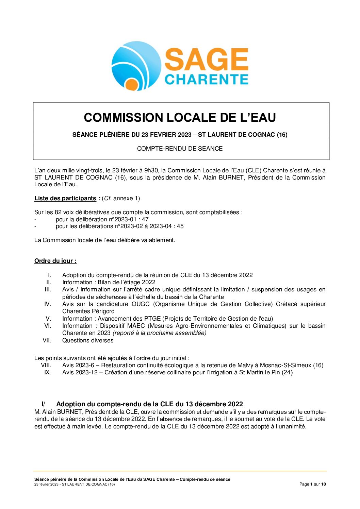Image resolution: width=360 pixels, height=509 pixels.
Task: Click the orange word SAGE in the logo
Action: (x=207, y=60)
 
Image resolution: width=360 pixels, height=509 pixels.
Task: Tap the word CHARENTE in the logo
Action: (x=207, y=80)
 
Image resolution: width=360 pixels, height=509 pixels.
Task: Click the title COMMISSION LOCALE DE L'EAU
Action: (x=180, y=118)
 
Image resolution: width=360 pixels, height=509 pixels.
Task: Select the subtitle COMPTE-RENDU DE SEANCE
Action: (x=180, y=149)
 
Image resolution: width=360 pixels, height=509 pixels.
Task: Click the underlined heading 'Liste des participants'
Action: (x=65, y=198)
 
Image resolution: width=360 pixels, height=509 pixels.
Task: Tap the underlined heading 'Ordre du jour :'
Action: (x=55, y=261)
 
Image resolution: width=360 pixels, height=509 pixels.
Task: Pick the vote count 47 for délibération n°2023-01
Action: (x=145, y=219)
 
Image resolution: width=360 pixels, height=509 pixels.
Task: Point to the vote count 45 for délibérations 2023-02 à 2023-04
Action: (x=180, y=226)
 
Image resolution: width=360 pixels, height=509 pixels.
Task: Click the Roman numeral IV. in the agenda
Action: (x=48, y=304)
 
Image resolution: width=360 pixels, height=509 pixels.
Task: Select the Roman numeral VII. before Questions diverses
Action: (x=47, y=340)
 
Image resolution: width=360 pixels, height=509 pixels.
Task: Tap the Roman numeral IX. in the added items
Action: (x=48, y=372)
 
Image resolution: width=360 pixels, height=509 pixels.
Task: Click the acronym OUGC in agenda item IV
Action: (x=141, y=304)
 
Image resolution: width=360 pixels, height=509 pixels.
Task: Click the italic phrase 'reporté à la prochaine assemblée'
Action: (x=159, y=333)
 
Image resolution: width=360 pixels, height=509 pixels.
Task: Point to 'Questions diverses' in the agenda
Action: (x=88, y=340)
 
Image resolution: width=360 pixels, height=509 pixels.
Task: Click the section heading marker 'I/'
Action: (x=43, y=404)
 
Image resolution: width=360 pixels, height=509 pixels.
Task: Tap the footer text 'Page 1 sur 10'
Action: (x=312, y=484)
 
